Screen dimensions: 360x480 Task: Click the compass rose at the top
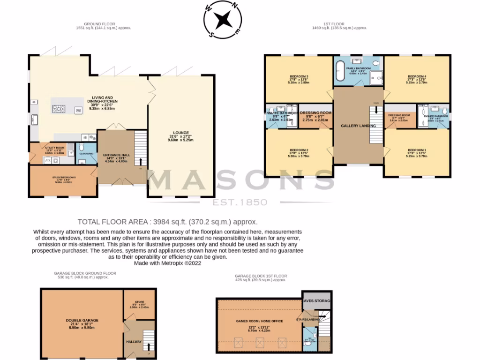pos(223,20)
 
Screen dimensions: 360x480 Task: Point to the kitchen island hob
pos(60,110)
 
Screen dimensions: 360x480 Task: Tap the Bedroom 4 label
pos(417,76)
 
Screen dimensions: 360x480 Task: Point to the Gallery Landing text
pos(358,126)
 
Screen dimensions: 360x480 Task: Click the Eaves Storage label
pos(317,300)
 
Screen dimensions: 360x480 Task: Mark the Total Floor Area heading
pos(167,222)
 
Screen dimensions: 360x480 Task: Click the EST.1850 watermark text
pos(240,202)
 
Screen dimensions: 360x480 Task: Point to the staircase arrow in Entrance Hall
pos(141,162)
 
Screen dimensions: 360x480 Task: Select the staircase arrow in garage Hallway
pos(150,347)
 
